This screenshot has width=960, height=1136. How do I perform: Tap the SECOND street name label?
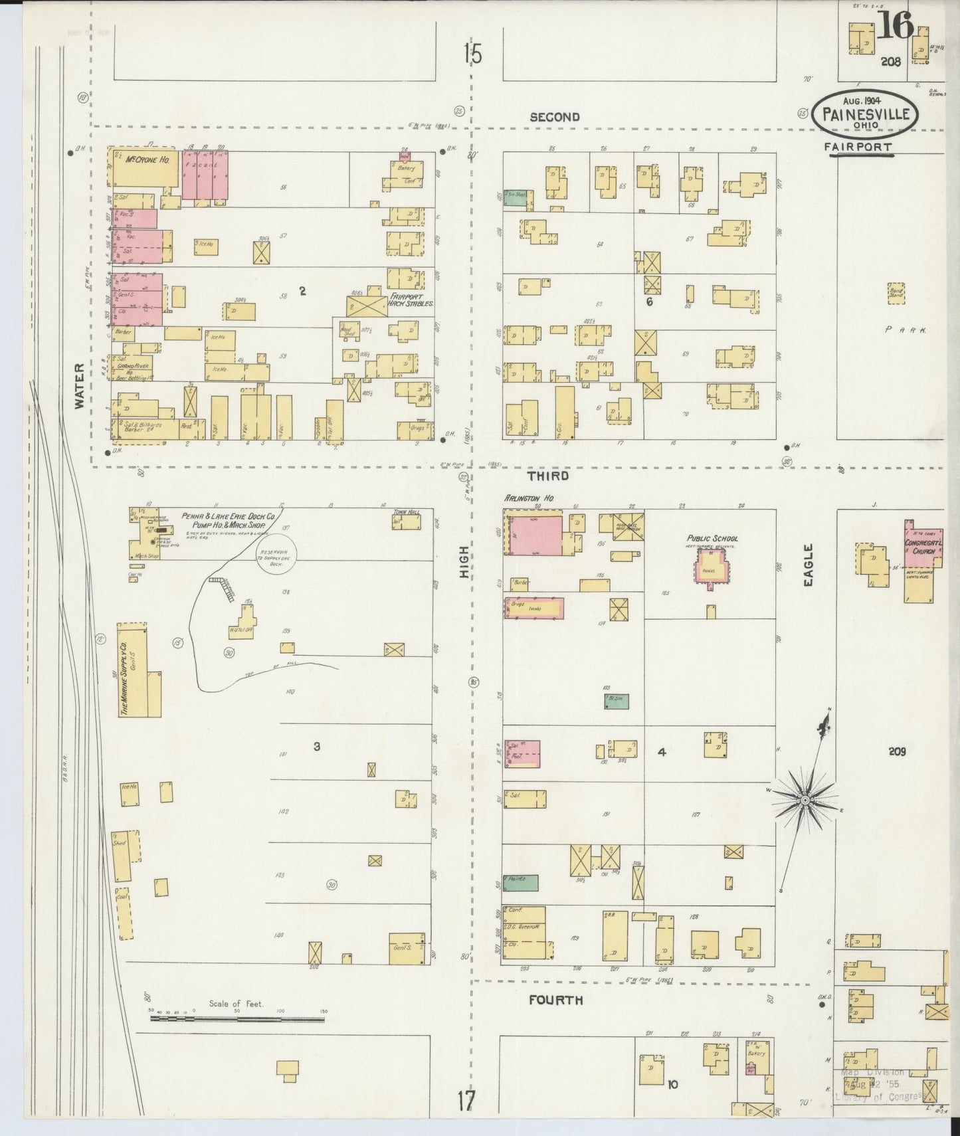(555, 118)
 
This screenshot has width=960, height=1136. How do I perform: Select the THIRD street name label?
(548, 476)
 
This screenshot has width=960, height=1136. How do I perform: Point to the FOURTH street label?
(555, 1000)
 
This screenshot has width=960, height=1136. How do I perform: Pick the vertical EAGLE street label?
(809, 565)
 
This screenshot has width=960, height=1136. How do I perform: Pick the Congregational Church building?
(922, 561)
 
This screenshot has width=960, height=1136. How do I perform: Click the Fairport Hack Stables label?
(411, 299)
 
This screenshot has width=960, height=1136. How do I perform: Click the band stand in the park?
(896, 293)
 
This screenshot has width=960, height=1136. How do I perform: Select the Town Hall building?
(407, 521)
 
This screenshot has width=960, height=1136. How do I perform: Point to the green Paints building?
(520, 882)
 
